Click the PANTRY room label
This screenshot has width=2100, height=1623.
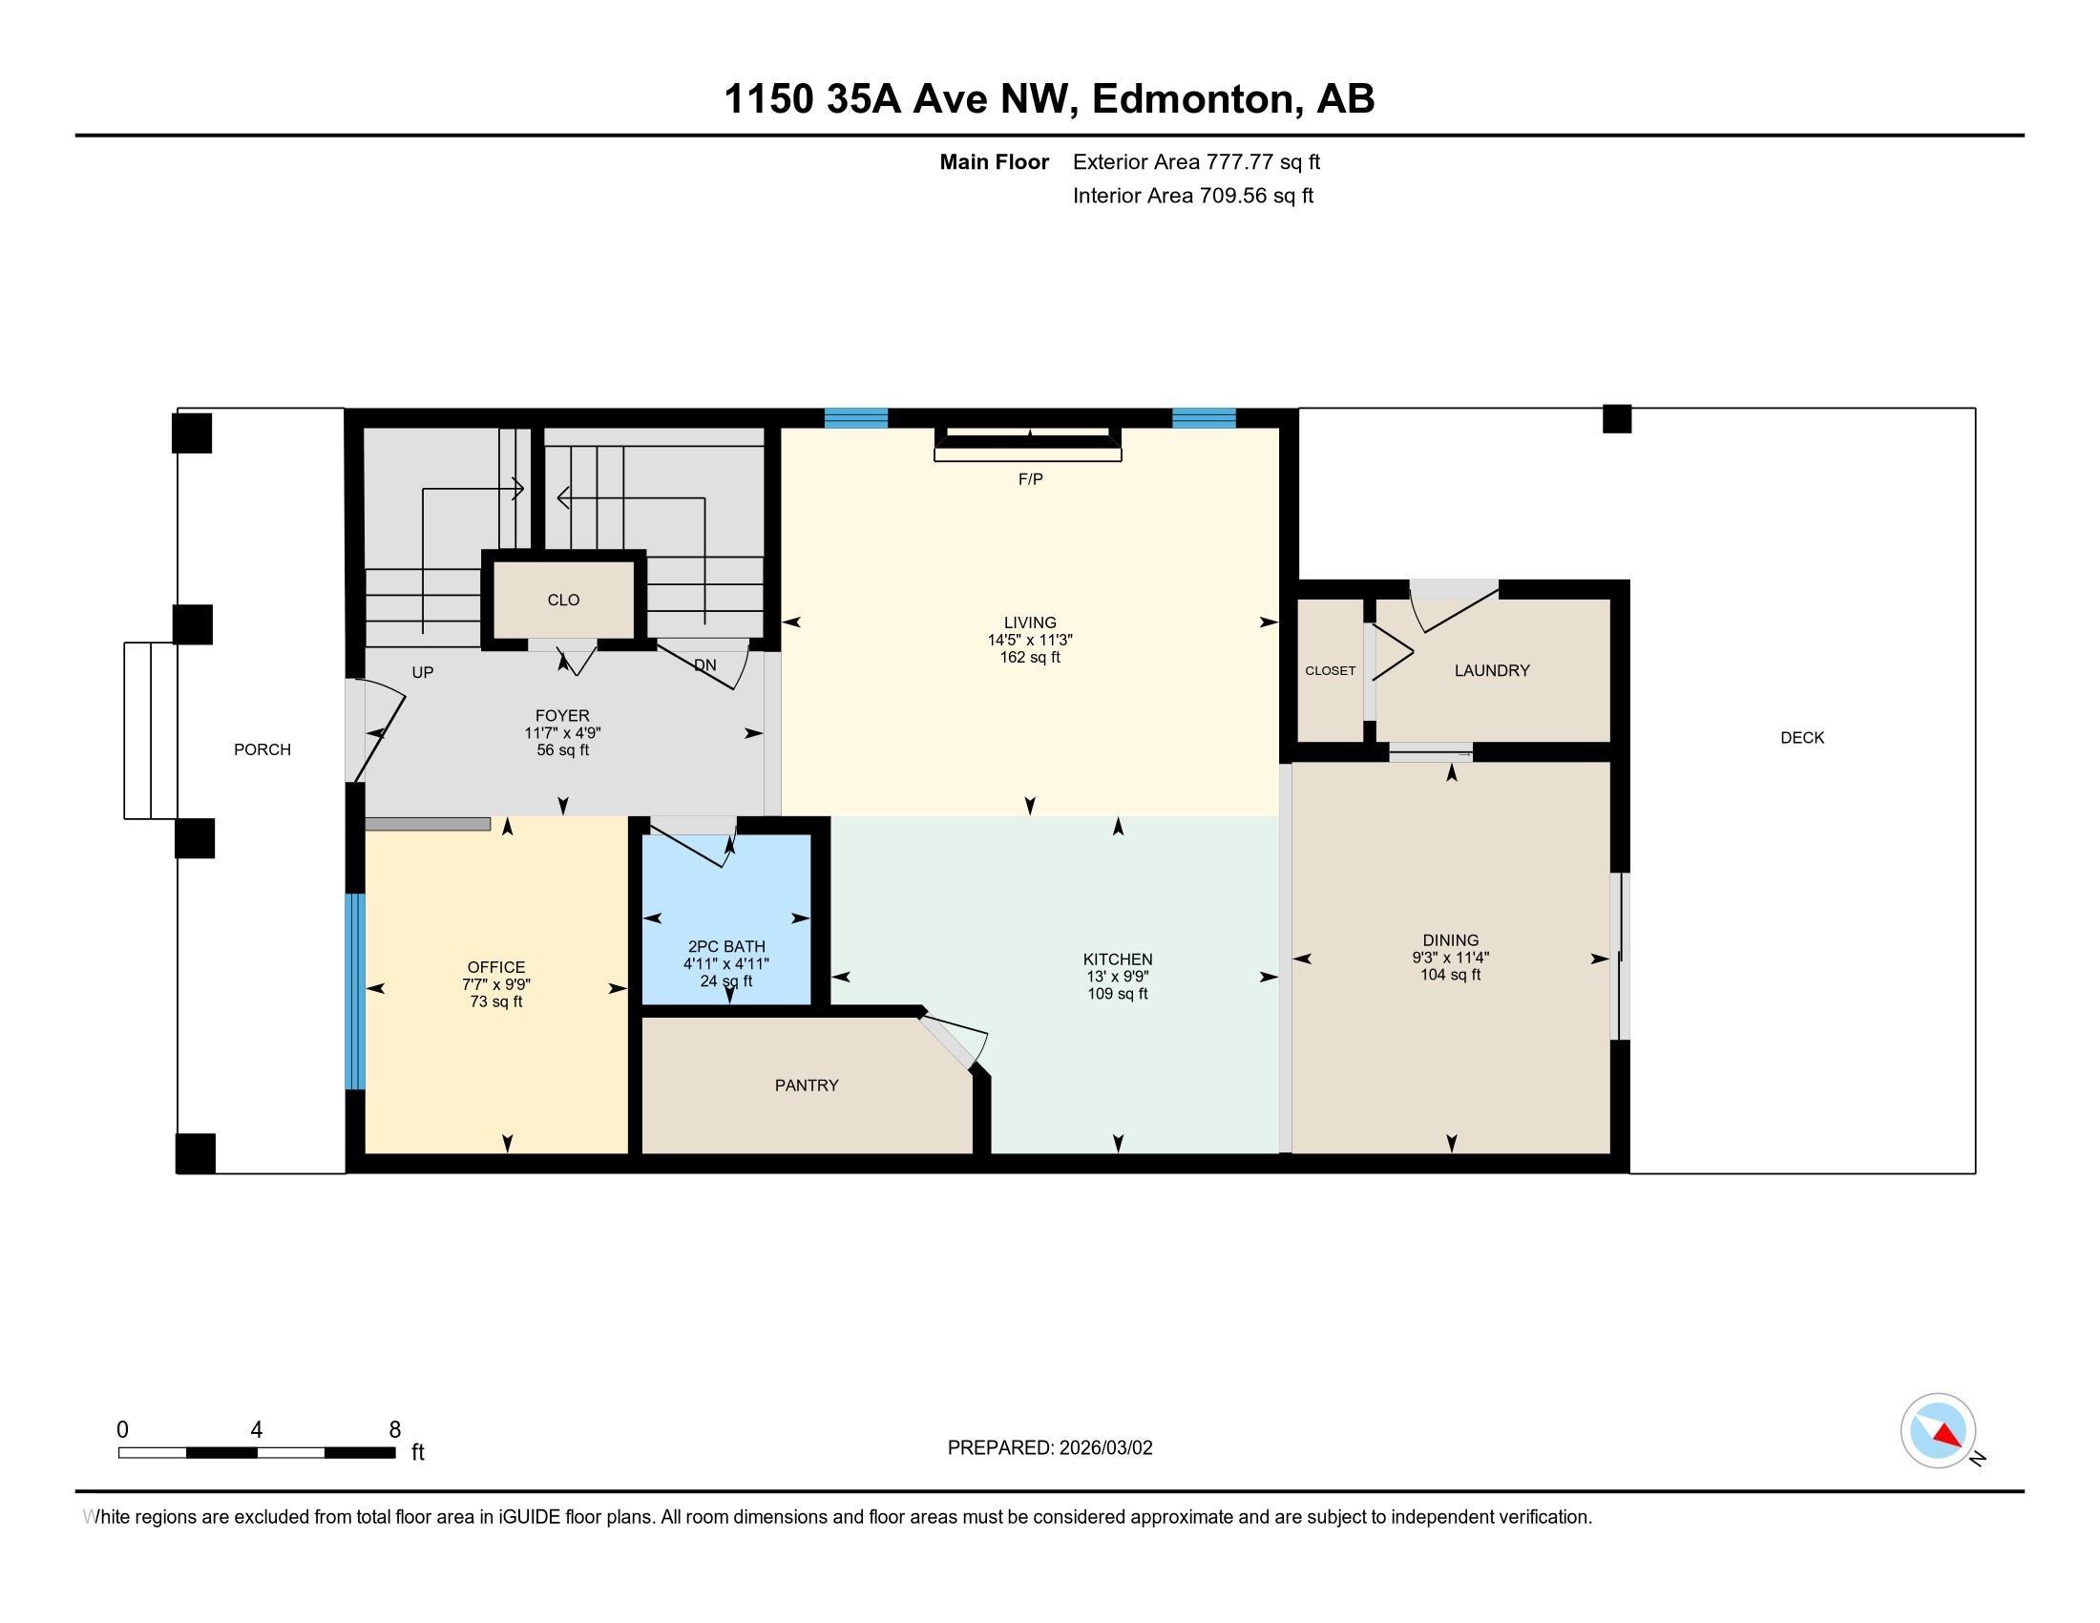click(806, 1085)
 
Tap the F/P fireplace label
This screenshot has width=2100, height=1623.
click(1030, 479)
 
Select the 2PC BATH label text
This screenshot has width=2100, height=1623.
click(726, 946)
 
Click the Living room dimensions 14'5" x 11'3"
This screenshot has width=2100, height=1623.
click(1030, 640)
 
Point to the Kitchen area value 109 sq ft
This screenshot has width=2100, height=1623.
click(1118, 994)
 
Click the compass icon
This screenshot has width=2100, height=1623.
click(1938, 1431)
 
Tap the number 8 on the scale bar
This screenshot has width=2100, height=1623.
click(394, 1430)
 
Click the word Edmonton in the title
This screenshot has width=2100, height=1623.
click(1192, 99)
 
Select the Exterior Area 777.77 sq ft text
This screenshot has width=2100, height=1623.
click(1196, 161)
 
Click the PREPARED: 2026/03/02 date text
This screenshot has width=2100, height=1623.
click(1049, 1448)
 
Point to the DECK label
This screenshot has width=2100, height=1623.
click(1802, 737)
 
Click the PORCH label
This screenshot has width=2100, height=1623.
click(262, 749)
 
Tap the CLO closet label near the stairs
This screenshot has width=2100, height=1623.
click(563, 600)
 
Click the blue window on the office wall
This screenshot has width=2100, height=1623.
click(355, 991)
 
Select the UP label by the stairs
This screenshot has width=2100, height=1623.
click(422, 673)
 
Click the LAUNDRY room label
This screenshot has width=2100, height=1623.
click(1491, 670)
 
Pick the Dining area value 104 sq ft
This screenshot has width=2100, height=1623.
click(1450, 975)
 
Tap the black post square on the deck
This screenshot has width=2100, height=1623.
click(1616, 419)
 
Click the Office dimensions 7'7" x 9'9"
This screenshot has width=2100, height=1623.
click(496, 984)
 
